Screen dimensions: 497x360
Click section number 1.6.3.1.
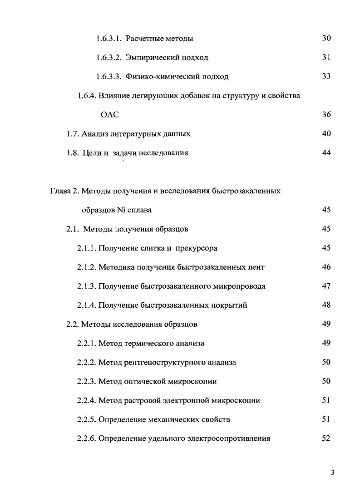(108, 39)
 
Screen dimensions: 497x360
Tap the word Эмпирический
(153, 58)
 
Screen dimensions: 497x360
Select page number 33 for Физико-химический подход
(326, 76)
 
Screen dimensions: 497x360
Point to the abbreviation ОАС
(109, 115)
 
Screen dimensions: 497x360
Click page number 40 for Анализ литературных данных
(326, 134)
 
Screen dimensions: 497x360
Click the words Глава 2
(64, 191)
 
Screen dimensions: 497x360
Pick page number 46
(326, 267)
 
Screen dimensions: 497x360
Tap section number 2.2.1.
(86, 344)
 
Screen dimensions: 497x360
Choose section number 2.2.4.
(86, 401)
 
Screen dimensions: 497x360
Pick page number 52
(326, 438)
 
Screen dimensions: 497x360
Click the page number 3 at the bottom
(332, 473)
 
